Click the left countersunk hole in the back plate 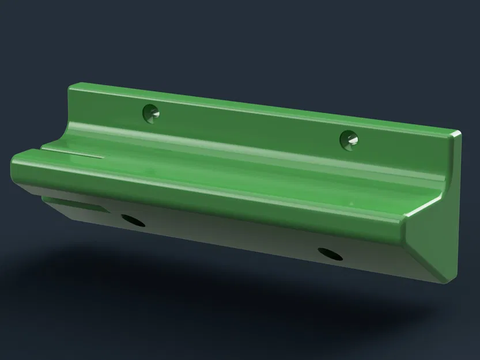[x=152, y=113]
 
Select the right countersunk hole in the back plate [x=349, y=139]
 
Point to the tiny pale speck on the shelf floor [x=348, y=202]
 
